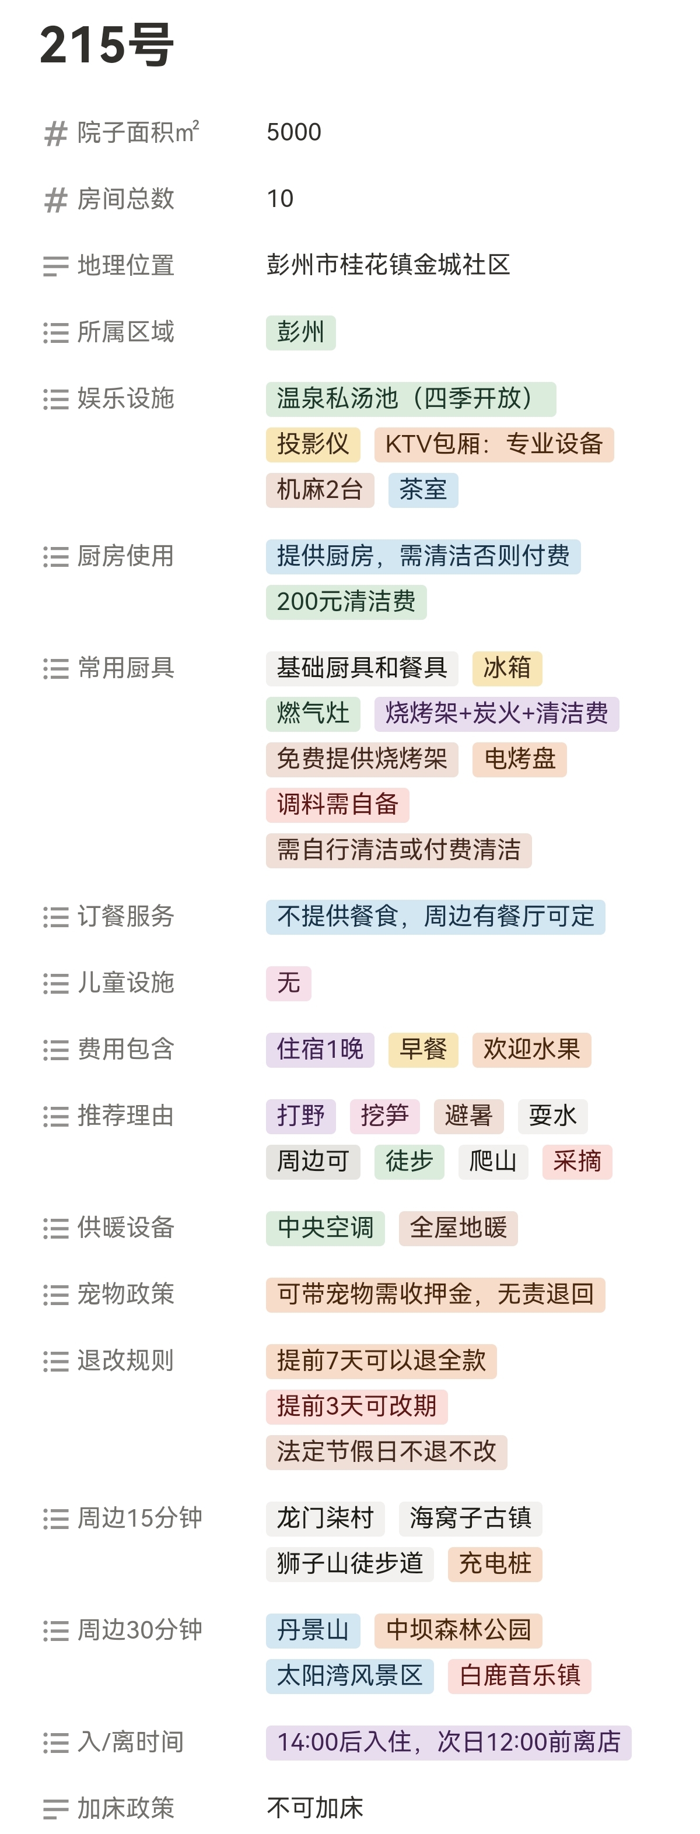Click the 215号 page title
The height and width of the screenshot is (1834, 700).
point(107,45)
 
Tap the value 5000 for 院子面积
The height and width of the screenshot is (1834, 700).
point(293,132)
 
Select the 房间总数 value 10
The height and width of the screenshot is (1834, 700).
point(280,199)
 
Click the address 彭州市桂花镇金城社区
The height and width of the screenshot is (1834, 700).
point(388,265)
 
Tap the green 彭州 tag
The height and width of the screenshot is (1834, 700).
point(300,332)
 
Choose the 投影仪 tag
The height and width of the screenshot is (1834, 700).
point(313,444)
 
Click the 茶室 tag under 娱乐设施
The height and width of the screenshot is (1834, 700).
point(423,490)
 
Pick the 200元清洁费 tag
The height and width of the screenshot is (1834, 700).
point(346,602)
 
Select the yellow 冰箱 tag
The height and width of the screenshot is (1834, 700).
point(507,668)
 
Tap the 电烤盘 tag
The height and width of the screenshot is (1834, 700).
point(519,759)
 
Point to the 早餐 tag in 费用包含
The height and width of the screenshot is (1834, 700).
point(423,1050)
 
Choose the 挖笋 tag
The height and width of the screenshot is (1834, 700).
point(384,1116)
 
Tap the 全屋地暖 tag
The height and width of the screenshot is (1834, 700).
point(458,1228)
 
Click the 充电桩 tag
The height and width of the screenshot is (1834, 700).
point(495,1564)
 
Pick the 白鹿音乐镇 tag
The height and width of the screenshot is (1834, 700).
point(519,1676)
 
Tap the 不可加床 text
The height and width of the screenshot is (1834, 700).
point(315,1808)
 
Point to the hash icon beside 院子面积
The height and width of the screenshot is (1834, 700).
point(55,133)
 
